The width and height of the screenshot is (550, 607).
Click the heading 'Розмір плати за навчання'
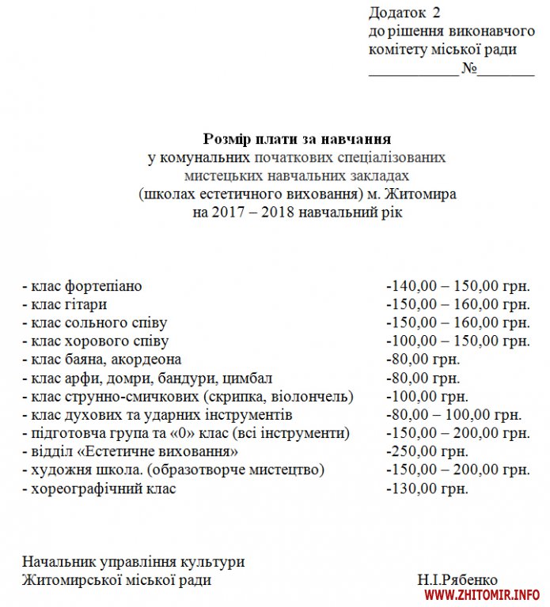click(297, 139)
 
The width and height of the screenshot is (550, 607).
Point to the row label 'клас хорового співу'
click(98, 341)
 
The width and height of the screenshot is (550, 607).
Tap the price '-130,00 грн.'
click(427, 488)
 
